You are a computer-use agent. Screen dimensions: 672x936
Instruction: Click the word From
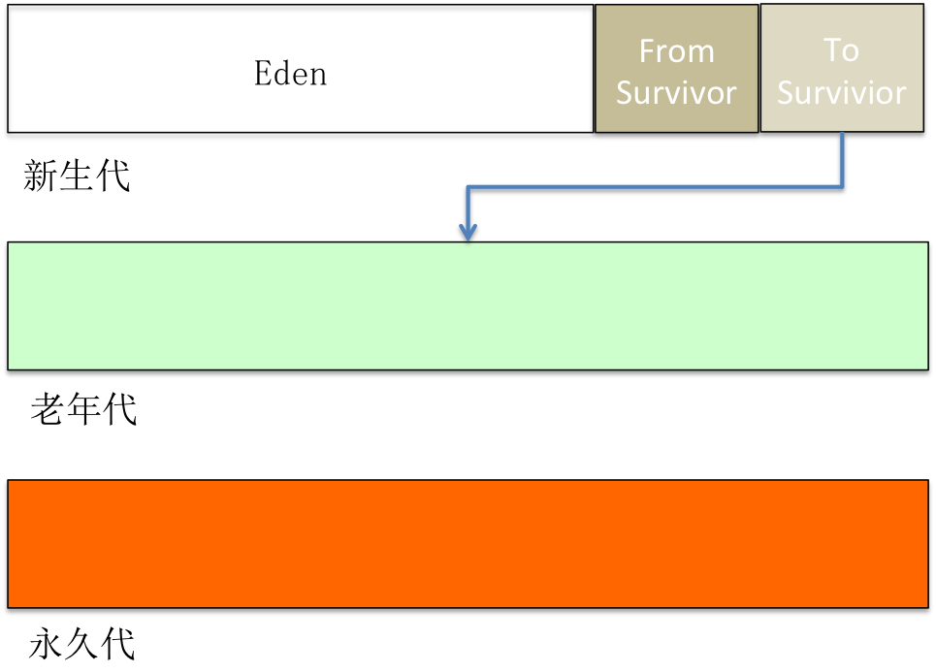pyautogui.click(x=676, y=51)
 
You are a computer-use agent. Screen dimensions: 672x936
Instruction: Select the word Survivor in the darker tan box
pyautogui.click(x=676, y=93)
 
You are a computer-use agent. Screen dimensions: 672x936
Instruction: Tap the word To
pyautogui.click(x=841, y=50)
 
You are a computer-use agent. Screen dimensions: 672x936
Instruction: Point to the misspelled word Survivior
pyautogui.click(x=841, y=93)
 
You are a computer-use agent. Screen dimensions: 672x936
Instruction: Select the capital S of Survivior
pyautogui.click(x=786, y=93)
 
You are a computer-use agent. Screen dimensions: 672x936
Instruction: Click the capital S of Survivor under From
pyautogui.click(x=626, y=93)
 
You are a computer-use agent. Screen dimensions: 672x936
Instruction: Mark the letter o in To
pyautogui.click(x=851, y=52)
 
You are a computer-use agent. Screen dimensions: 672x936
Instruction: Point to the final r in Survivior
pyautogui.click(x=901, y=95)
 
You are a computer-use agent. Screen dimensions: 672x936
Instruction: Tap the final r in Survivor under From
pyautogui.click(x=731, y=95)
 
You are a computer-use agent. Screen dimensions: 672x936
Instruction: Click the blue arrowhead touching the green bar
pyautogui.click(x=468, y=233)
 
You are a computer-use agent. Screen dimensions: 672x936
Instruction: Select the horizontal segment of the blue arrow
pyautogui.click(x=655, y=186)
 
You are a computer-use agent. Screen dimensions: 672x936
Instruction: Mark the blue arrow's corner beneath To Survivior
pyautogui.click(x=842, y=186)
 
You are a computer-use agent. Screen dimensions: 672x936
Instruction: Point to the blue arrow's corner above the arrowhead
pyautogui.click(x=468, y=186)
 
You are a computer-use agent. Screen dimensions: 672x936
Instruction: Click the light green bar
pyautogui.click(x=468, y=305)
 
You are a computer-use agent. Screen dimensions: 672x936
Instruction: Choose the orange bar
pyautogui.click(x=468, y=543)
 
